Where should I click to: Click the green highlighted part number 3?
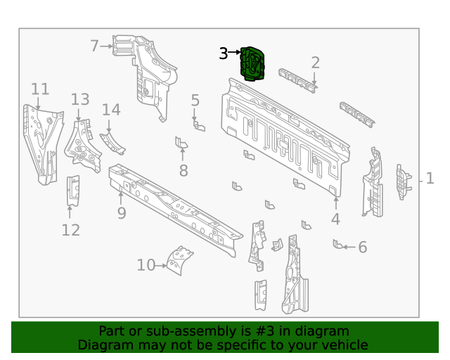point(253,63)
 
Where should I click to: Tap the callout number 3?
point(224,53)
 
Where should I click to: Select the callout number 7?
point(94,46)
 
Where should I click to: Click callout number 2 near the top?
point(316,63)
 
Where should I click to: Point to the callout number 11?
point(40,89)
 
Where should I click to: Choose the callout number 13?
point(80,100)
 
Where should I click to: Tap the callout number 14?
point(111,110)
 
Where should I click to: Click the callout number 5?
point(195,101)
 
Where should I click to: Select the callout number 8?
point(184,170)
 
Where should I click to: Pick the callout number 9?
point(122,212)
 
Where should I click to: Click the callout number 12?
point(71,230)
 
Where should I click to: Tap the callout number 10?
point(146,265)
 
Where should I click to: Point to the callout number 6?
point(363,247)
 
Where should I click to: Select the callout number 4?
point(335,219)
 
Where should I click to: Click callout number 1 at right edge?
point(430,179)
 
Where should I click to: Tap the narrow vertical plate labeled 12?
point(72,190)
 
